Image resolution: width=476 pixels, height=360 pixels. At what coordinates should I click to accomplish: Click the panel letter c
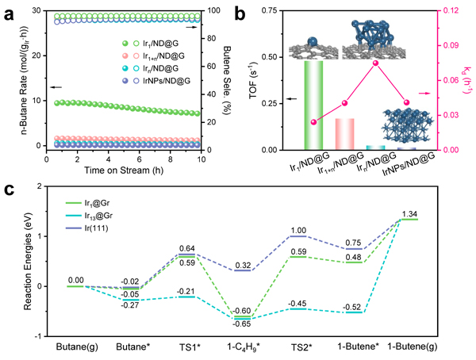click(10, 190)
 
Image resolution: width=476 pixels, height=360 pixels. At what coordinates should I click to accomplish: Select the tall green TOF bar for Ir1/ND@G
click(313, 105)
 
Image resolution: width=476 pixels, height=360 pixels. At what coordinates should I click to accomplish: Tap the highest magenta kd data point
click(375, 63)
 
